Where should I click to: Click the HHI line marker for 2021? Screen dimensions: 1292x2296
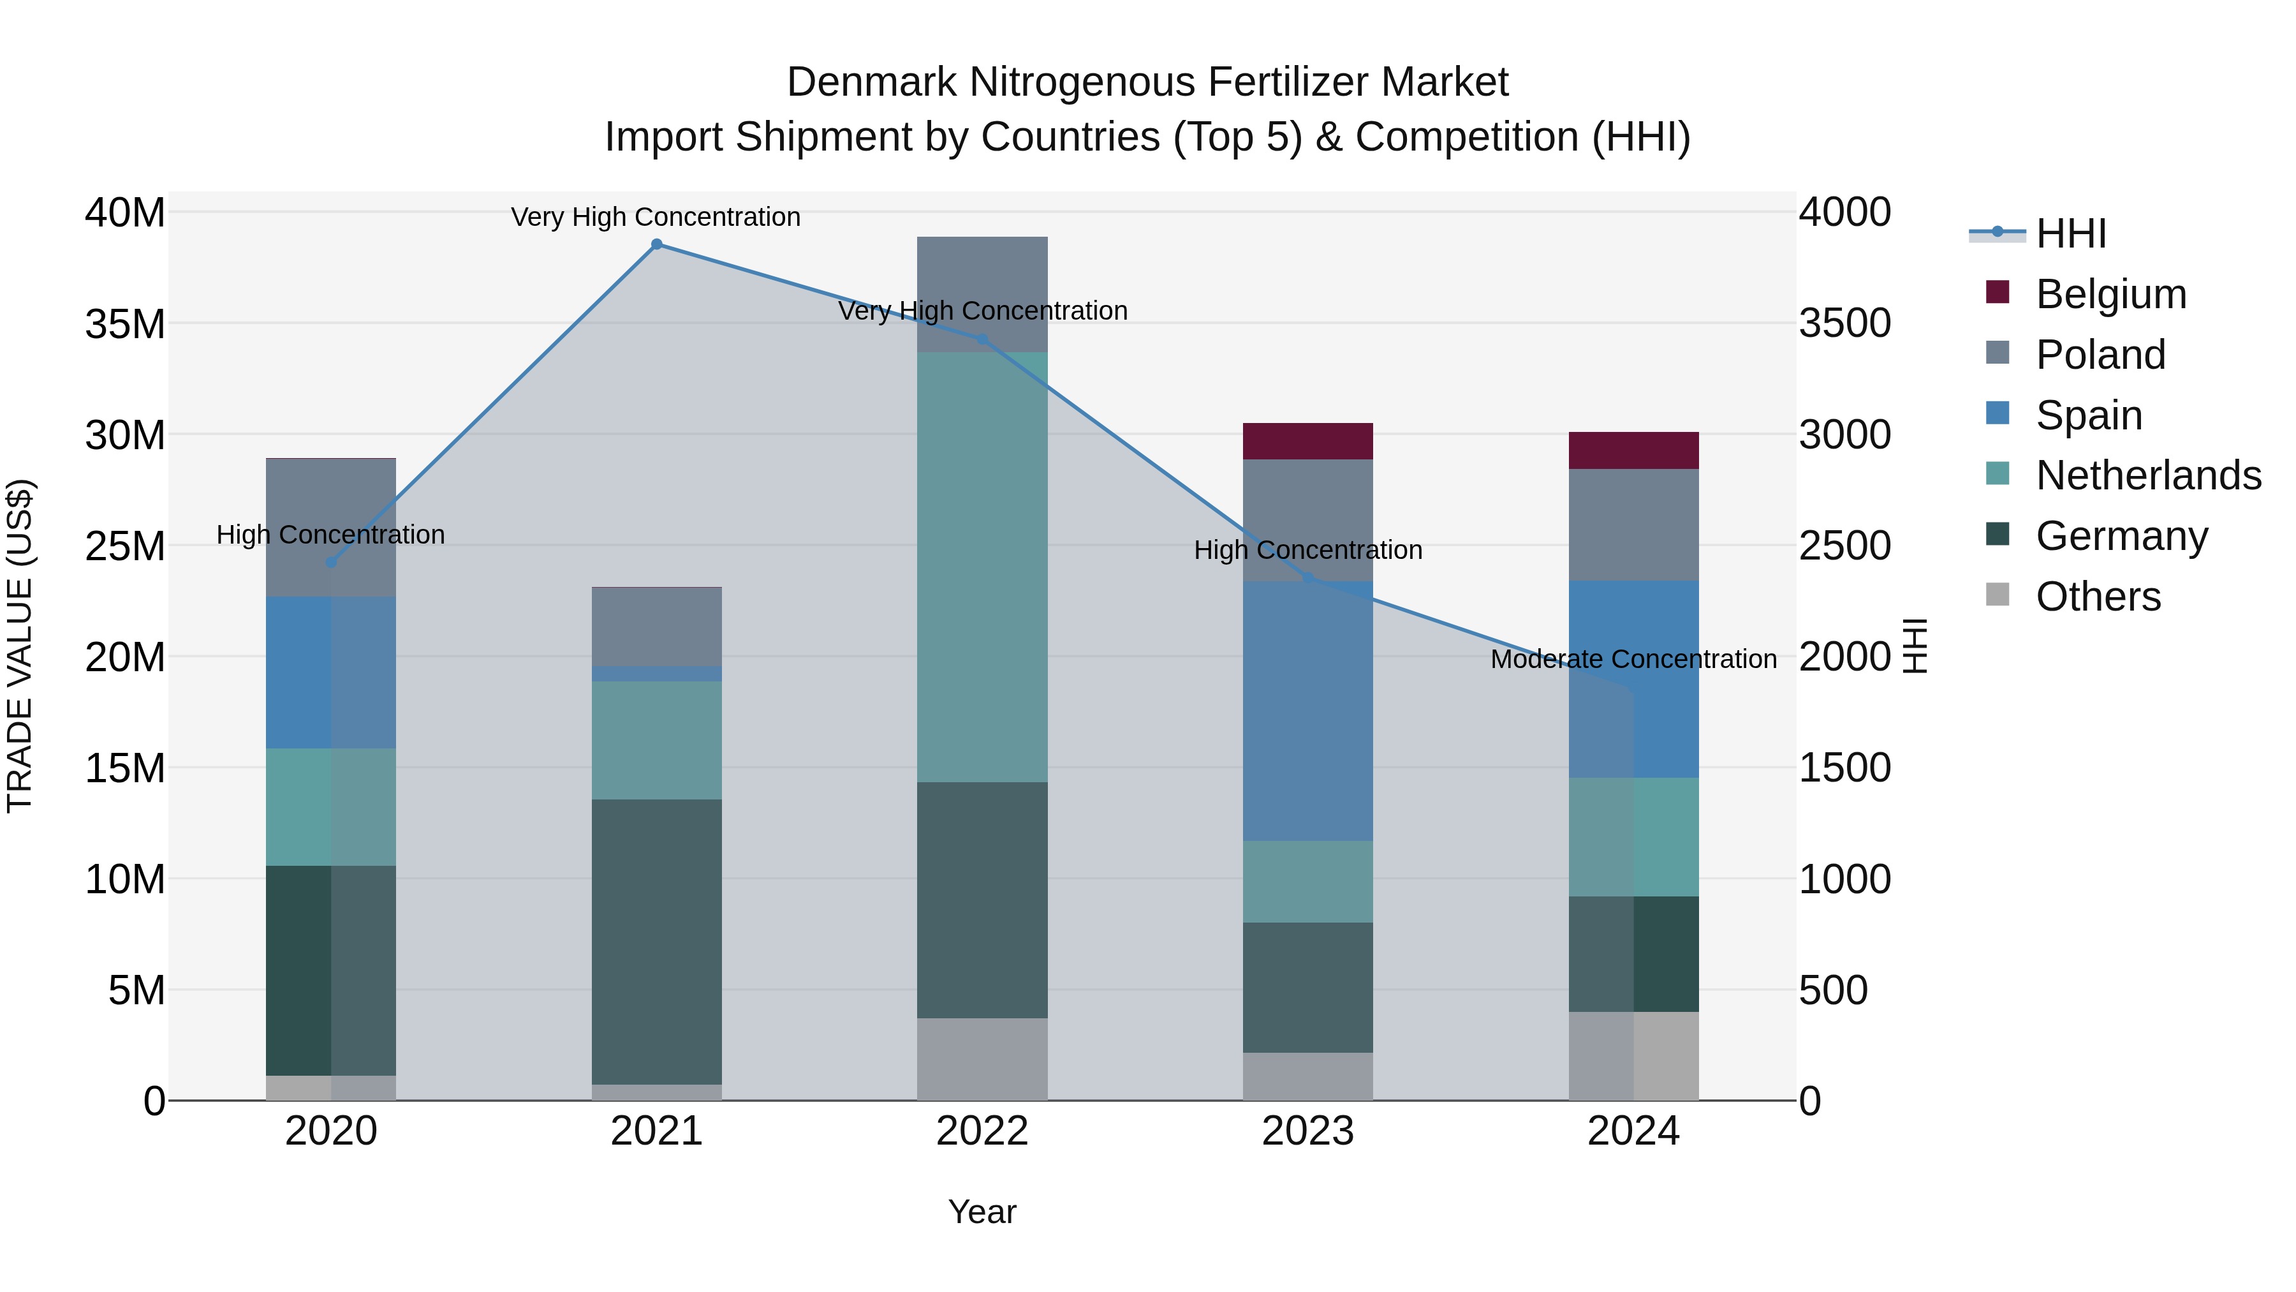pos(656,244)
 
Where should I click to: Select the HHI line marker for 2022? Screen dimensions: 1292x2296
pos(982,339)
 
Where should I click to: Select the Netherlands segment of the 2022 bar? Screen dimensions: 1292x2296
pos(982,567)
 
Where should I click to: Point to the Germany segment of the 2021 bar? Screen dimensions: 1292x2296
pos(656,942)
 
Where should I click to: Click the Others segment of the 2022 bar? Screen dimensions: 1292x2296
pos(982,1059)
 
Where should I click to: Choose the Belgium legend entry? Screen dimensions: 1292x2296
pos(2110,294)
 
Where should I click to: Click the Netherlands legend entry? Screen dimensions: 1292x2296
pos(2148,475)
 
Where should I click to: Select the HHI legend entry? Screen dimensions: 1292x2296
pos(2070,234)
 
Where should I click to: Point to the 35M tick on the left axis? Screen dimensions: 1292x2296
pos(125,323)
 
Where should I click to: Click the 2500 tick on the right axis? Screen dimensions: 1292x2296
pos(1844,546)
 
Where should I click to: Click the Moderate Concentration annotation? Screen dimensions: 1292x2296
pos(1633,660)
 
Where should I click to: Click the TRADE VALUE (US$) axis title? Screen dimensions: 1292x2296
pos(20,646)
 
